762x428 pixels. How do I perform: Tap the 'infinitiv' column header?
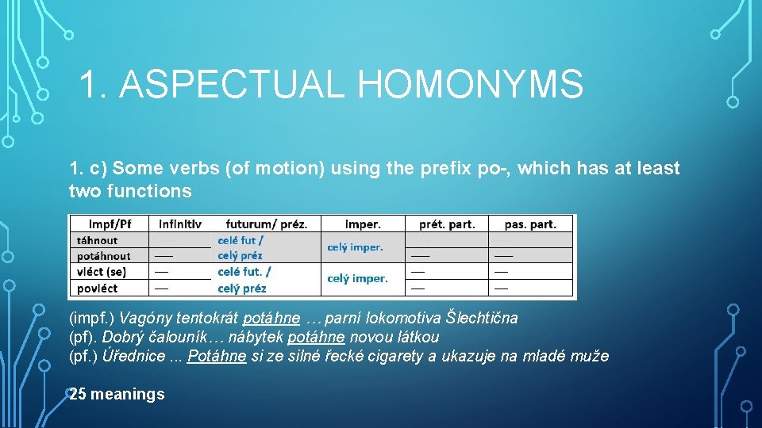click(x=180, y=224)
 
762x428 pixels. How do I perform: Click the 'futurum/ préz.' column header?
click(x=266, y=224)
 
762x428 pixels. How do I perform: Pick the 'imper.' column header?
click(x=363, y=224)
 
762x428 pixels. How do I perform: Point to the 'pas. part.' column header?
click(x=530, y=224)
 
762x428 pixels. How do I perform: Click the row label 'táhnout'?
click(x=97, y=240)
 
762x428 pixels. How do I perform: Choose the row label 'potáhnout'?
click(x=103, y=256)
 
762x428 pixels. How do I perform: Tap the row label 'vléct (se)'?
click(x=102, y=272)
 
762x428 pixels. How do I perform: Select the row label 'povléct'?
click(x=97, y=288)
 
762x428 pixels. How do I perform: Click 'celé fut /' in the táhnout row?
click(x=241, y=240)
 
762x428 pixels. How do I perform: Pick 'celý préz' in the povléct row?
click(x=241, y=288)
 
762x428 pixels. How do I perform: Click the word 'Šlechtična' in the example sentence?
click(x=481, y=319)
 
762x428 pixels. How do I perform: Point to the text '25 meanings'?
click(x=117, y=394)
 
